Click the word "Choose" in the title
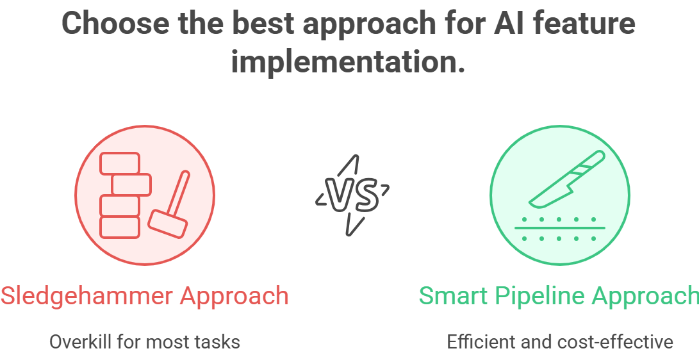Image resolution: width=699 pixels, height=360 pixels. [x=116, y=23]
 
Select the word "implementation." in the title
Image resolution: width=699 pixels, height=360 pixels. [x=348, y=62]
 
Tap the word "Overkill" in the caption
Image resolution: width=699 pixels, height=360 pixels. [x=81, y=342]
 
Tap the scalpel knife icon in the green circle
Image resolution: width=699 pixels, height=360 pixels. [x=567, y=179]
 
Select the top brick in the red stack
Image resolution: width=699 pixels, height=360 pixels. [x=119, y=163]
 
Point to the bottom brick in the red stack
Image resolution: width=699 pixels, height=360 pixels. [x=119, y=227]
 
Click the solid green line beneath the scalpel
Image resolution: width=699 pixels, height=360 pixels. [x=560, y=228]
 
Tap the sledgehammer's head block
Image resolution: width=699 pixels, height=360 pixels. [x=167, y=224]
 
